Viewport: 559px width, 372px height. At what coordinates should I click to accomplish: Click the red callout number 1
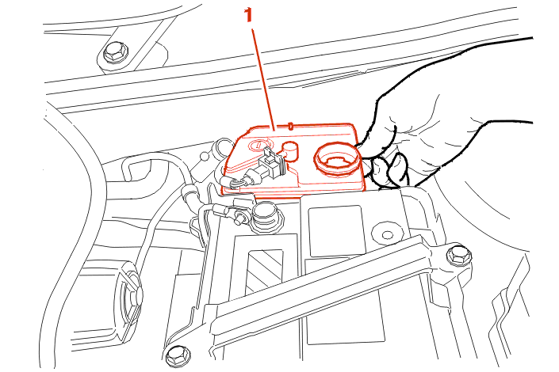click(248, 15)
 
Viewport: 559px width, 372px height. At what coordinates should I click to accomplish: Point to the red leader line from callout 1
click(263, 80)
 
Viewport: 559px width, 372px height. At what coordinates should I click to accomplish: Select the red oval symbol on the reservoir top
click(258, 145)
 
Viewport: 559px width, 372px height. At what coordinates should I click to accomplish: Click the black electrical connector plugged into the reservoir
click(272, 165)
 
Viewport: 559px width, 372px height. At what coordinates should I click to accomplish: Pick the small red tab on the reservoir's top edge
click(290, 126)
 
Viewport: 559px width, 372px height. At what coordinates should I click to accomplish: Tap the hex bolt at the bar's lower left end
click(178, 355)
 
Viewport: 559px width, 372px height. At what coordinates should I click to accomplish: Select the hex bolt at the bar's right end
click(459, 255)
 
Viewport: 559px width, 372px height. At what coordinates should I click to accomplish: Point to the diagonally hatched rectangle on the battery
click(265, 271)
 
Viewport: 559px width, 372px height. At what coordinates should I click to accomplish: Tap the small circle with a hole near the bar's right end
click(387, 234)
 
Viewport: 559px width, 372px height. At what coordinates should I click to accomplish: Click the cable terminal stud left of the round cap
click(239, 216)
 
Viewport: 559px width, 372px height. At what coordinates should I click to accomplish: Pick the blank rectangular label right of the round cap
click(337, 230)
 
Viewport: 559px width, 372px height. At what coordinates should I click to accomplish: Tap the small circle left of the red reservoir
click(205, 156)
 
